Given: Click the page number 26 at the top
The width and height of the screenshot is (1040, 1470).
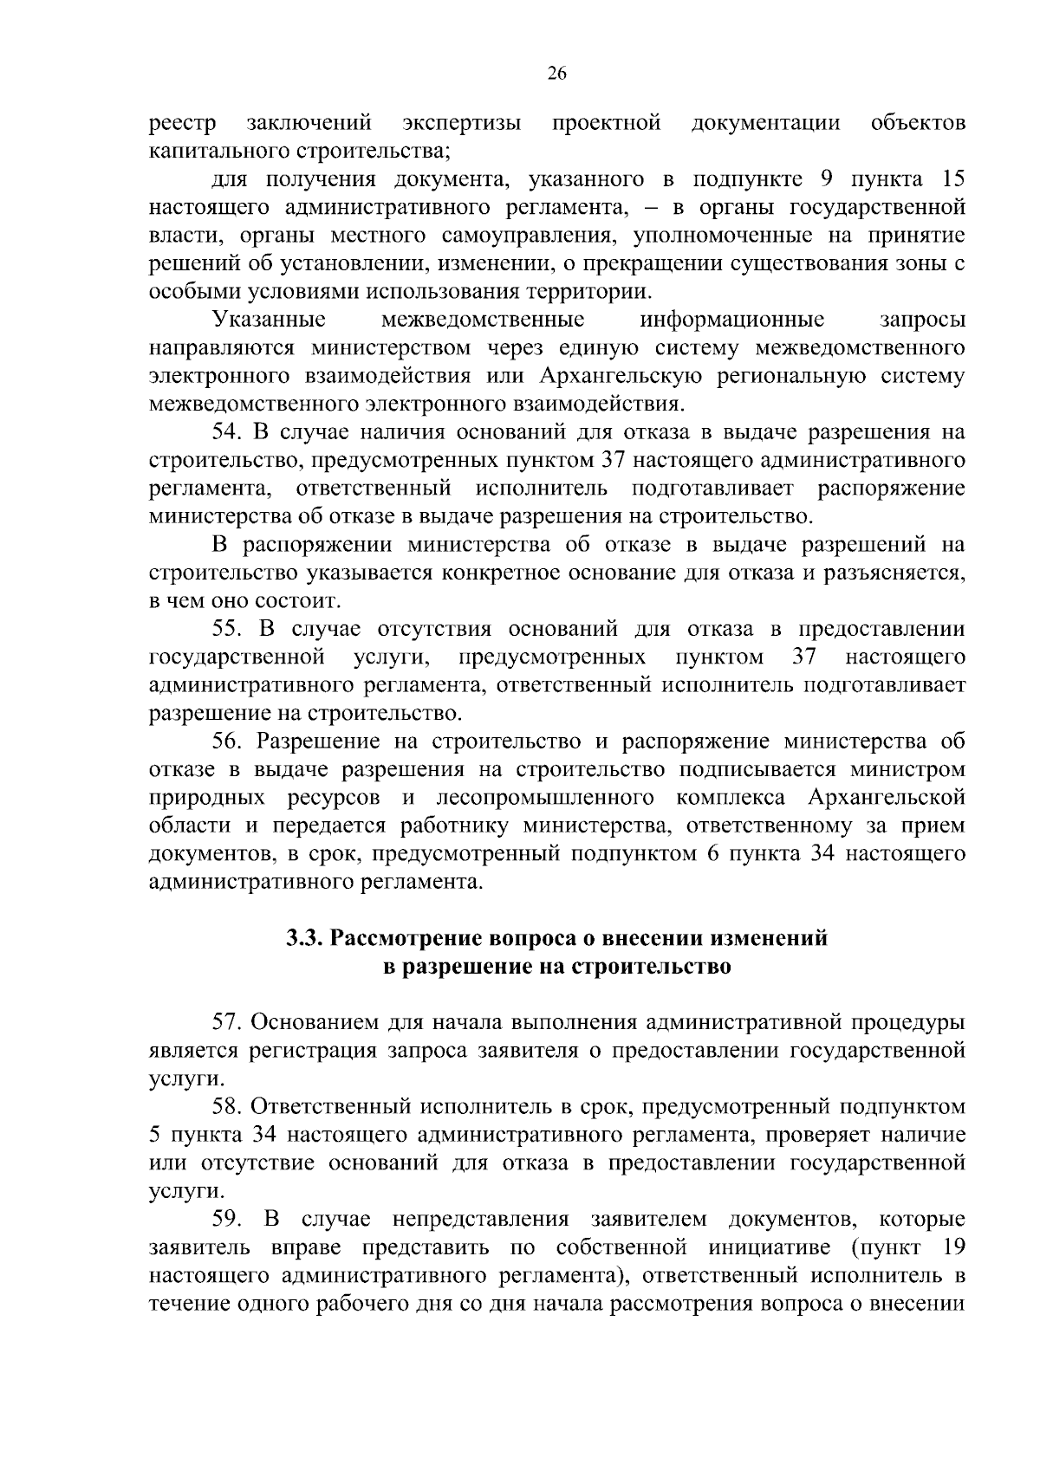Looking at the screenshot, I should pos(556,74).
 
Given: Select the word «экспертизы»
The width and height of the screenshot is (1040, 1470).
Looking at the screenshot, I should pos(463,124).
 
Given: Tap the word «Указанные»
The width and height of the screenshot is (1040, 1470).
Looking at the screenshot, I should pos(269,320).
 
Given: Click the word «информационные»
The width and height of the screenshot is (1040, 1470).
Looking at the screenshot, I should pos(731,320).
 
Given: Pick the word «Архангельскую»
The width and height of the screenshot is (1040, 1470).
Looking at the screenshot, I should pos(626,376).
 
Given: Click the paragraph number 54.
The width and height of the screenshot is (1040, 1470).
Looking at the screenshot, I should pos(229,432).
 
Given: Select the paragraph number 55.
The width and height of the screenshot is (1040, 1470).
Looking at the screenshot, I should pos(229,629).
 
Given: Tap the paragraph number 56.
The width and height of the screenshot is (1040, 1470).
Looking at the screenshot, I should pos(229,741).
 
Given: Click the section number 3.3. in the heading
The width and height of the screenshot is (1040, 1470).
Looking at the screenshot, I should pos(305,938).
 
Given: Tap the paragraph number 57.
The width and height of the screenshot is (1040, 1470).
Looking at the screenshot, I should pos(229,1022).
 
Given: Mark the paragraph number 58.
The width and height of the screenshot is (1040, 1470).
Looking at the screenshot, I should pos(229,1107).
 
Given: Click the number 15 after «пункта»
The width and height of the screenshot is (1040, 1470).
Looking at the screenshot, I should pos(952,180).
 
